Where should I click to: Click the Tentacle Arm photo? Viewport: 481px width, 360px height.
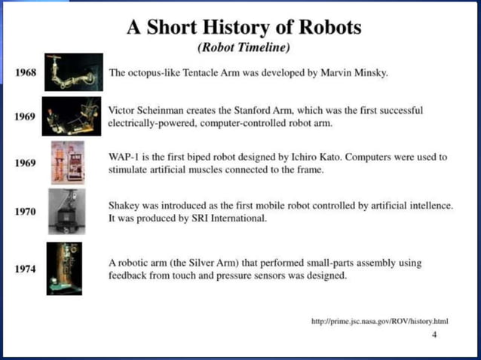pos(74,72)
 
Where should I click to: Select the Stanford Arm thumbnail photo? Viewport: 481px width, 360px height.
pos(72,115)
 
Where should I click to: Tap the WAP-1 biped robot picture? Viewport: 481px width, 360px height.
pos(67,162)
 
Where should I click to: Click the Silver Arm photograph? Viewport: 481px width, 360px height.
pos(65,268)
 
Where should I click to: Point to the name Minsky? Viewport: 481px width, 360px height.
pos(368,73)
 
